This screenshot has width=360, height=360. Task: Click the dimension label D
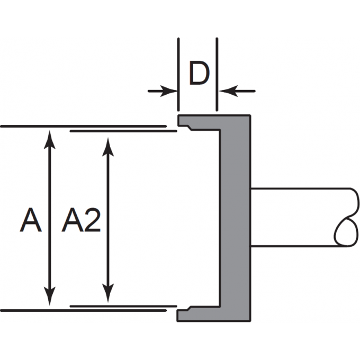[x=198, y=75]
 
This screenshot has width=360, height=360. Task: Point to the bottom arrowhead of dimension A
[x=49, y=299]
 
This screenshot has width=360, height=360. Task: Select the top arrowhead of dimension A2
[x=108, y=146]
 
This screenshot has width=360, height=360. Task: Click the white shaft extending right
[x=296, y=217]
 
